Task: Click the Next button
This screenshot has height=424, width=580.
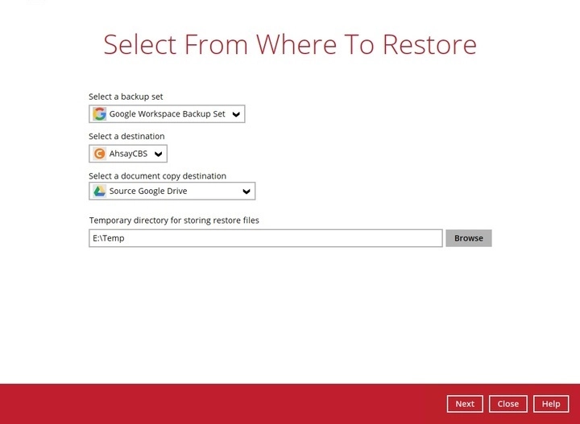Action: click(465, 404)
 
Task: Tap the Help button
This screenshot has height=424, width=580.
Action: click(551, 404)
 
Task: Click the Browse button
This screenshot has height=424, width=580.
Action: click(468, 238)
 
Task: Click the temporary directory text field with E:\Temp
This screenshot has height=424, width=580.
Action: click(266, 238)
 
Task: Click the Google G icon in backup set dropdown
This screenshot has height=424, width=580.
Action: click(99, 114)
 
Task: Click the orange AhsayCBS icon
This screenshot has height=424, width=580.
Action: click(99, 154)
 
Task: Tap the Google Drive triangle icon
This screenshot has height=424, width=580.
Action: click(99, 191)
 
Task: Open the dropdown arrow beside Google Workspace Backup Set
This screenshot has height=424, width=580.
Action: click(236, 114)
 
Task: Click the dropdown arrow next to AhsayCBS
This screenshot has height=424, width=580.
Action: click(158, 154)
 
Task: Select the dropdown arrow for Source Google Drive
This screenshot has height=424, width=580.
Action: click(246, 191)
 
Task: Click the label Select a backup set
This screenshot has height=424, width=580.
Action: click(126, 97)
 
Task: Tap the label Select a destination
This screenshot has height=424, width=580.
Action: click(126, 136)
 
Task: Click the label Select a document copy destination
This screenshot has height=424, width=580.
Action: click(157, 175)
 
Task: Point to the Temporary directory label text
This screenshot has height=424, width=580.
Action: click(174, 220)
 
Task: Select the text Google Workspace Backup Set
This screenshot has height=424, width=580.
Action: click(168, 114)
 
